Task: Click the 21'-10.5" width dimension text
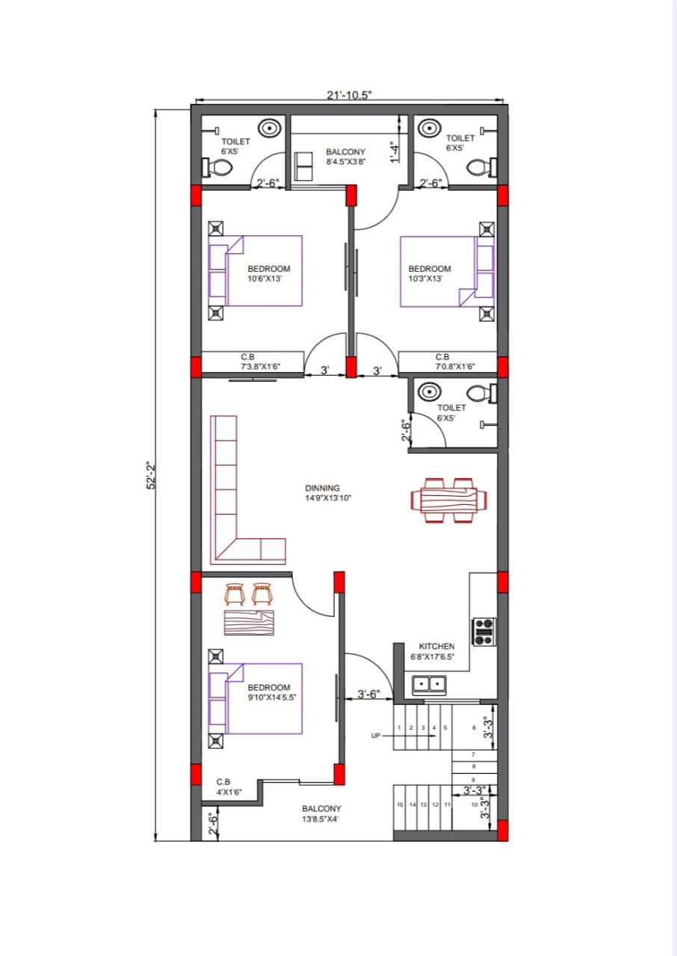click(x=350, y=95)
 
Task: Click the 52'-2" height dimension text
click(x=152, y=475)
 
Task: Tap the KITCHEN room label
click(x=436, y=647)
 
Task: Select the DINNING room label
click(x=323, y=488)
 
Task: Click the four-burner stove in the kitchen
click(x=484, y=632)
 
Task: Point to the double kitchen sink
click(x=429, y=686)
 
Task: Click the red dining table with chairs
click(x=448, y=500)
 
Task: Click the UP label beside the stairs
click(x=376, y=736)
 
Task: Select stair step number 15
click(x=400, y=804)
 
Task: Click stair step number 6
click(x=474, y=727)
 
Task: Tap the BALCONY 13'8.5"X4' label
click(x=321, y=814)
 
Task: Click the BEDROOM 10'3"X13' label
click(x=430, y=273)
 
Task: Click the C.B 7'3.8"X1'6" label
click(x=260, y=361)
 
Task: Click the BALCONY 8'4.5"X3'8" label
click(x=346, y=157)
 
